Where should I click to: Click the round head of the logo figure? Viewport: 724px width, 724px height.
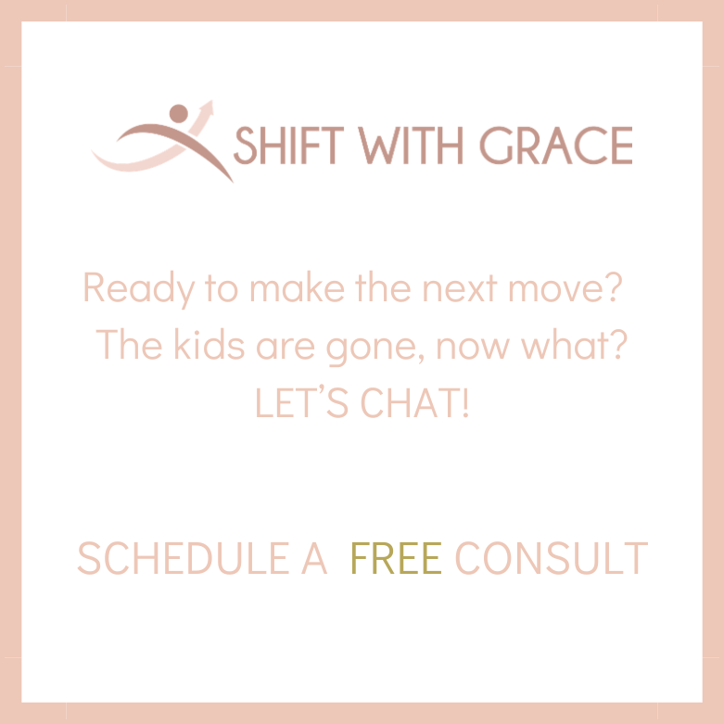pyautogui.click(x=178, y=113)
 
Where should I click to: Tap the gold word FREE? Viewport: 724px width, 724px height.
pyautogui.click(x=396, y=558)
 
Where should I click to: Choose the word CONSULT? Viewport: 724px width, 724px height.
pyautogui.click(x=552, y=558)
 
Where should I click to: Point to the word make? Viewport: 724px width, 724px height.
pyautogui.click(x=296, y=288)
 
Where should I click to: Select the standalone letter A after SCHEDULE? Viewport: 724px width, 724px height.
pyautogui.click(x=314, y=558)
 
